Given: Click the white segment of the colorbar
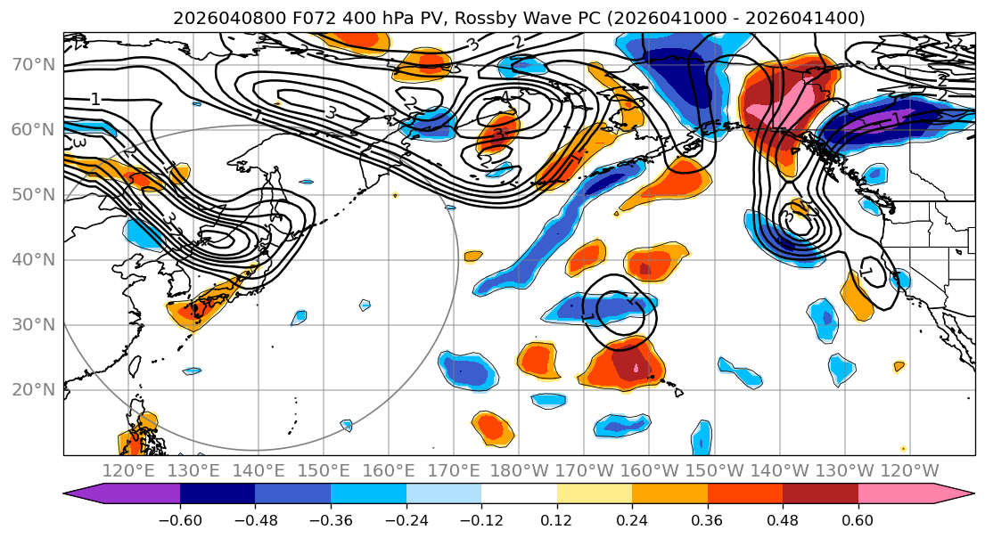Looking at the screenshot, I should click(x=519, y=495).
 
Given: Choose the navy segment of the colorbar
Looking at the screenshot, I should click(x=217, y=495).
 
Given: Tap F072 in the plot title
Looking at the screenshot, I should click(x=282, y=18).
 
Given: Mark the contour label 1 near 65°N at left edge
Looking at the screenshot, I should click(x=95, y=100).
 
